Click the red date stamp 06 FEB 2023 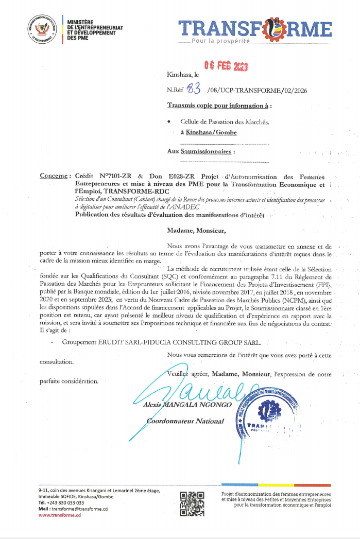226,66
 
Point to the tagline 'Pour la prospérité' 220,41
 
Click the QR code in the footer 192,504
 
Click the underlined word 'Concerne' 55,176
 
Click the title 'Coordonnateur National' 185,421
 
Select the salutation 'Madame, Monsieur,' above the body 196,231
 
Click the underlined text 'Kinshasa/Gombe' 211,132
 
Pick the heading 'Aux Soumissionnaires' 200,151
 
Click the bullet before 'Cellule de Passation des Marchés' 169,122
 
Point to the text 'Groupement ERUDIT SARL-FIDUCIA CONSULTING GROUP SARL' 161,342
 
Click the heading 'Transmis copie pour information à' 218,106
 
